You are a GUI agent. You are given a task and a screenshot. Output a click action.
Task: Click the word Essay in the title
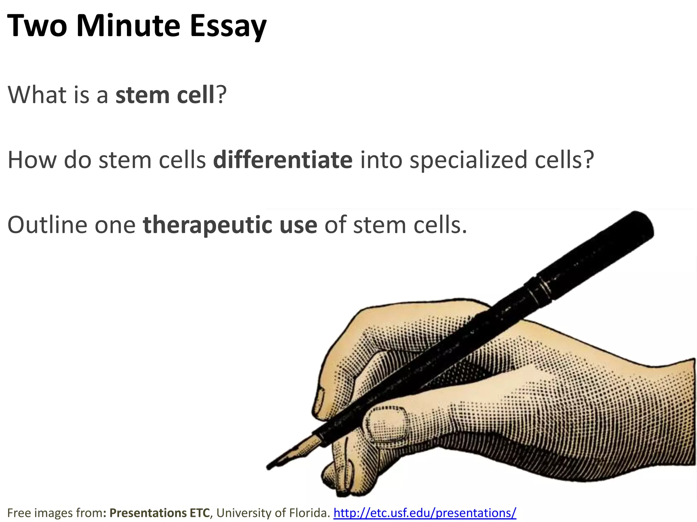coord(228,27)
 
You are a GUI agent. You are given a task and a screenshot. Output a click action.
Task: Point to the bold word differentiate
coord(283,160)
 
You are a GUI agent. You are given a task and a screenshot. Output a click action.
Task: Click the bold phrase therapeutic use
coord(230,225)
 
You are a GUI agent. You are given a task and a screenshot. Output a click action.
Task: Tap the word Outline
coord(48,225)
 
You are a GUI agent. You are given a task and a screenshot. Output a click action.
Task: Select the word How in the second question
coord(32,160)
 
